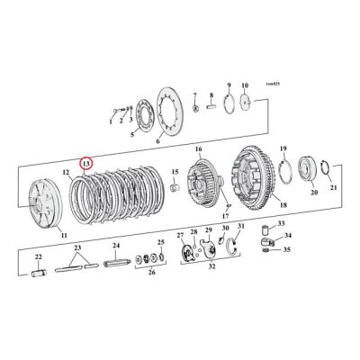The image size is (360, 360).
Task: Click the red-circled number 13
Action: (85, 163)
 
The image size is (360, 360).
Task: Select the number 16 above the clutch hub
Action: (198, 149)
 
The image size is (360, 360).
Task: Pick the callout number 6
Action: (158, 141)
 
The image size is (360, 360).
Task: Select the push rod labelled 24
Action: (121, 265)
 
